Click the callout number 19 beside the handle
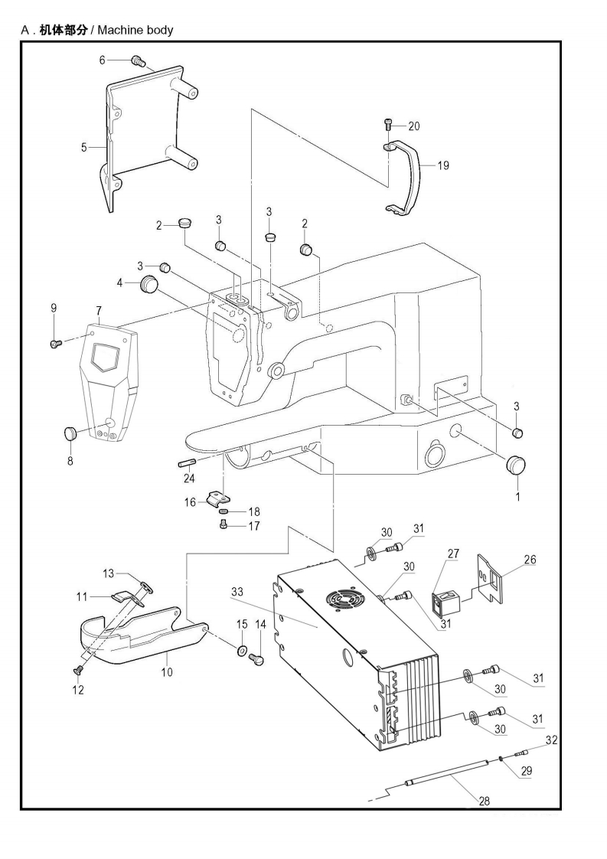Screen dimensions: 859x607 tap(443, 165)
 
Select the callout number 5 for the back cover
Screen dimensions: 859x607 tap(83, 147)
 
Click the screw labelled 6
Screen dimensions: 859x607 tap(139, 60)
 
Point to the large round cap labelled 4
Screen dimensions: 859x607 tap(148, 286)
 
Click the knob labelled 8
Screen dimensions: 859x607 tap(70, 434)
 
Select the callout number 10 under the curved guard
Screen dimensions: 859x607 tap(167, 672)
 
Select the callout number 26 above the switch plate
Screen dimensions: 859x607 tap(530, 560)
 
